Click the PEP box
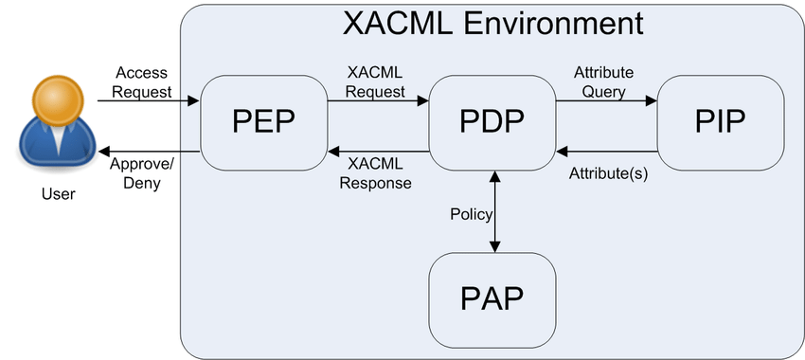(263, 123)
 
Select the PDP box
(492, 123)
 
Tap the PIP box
(721, 123)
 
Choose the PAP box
(492, 298)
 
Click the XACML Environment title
(492, 24)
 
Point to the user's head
(54, 99)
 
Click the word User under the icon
(58, 194)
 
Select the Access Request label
(143, 82)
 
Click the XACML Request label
(376, 82)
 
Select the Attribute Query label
(604, 82)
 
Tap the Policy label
(471, 214)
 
